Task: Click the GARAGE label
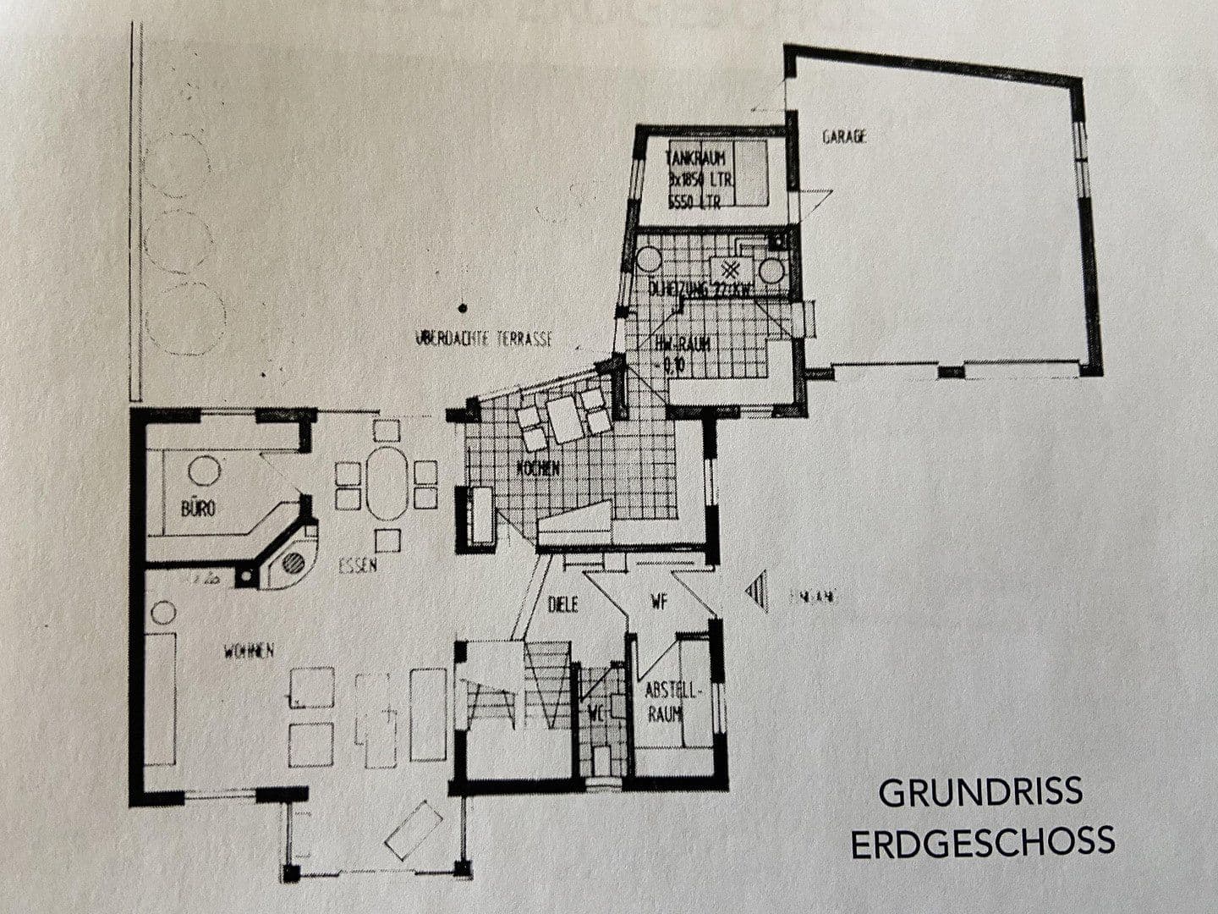[x=844, y=136]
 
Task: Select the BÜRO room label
[x=198, y=509]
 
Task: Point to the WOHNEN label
[x=249, y=651]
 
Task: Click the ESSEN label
[x=357, y=567]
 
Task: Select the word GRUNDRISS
[x=980, y=793]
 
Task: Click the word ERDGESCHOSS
[x=982, y=843]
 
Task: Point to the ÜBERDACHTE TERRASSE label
[x=483, y=339]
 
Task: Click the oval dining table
[x=387, y=484]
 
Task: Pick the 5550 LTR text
[x=694, y=201]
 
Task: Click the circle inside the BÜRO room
[x=204, y=470]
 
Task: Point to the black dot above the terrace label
[x=462, y=309]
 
